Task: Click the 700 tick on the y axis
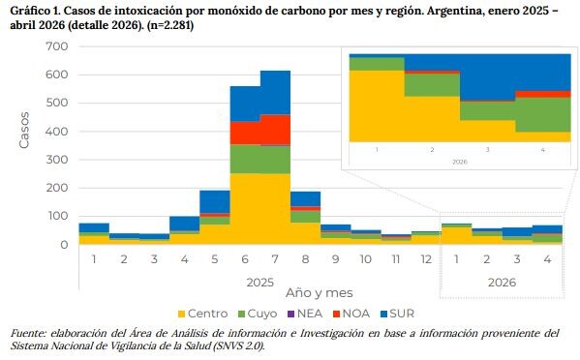[56, 46]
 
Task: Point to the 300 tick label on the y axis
[56, 160]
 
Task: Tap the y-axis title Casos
[24, 131]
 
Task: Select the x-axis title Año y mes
[319, 293]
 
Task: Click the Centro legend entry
[202, 314]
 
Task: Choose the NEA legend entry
[305, 314]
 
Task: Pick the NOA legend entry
[351, 314]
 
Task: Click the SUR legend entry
[398, 314]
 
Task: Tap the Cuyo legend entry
[258, 314]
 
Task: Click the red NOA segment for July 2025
[275, 130]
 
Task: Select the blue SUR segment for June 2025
[245, 104]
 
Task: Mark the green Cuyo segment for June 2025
[245, 160]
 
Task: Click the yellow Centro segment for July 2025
[275, 209]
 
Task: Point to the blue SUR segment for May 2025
[215, 202]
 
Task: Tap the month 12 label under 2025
[426, 259]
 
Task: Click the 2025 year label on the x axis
[260, 283]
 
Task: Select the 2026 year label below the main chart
[502, 283]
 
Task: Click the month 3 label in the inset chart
[487, 150]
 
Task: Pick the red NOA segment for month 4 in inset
[543, 94]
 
